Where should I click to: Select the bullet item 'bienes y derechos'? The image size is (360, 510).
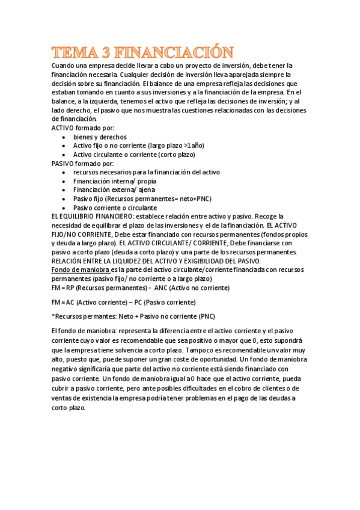(100, 137)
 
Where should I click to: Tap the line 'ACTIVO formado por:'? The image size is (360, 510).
(82, 128)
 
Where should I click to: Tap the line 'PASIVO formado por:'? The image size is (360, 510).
(82, 163)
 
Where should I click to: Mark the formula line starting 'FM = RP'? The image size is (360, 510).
(140, 288)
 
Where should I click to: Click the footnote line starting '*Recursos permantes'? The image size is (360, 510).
(133, 316)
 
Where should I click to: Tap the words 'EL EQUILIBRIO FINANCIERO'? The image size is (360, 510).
(90, 216)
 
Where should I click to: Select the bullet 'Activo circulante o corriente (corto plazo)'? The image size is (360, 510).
(134, 155)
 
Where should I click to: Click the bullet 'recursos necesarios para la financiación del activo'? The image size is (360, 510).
(147, 172)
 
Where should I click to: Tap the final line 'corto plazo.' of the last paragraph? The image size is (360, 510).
(69, 407)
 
